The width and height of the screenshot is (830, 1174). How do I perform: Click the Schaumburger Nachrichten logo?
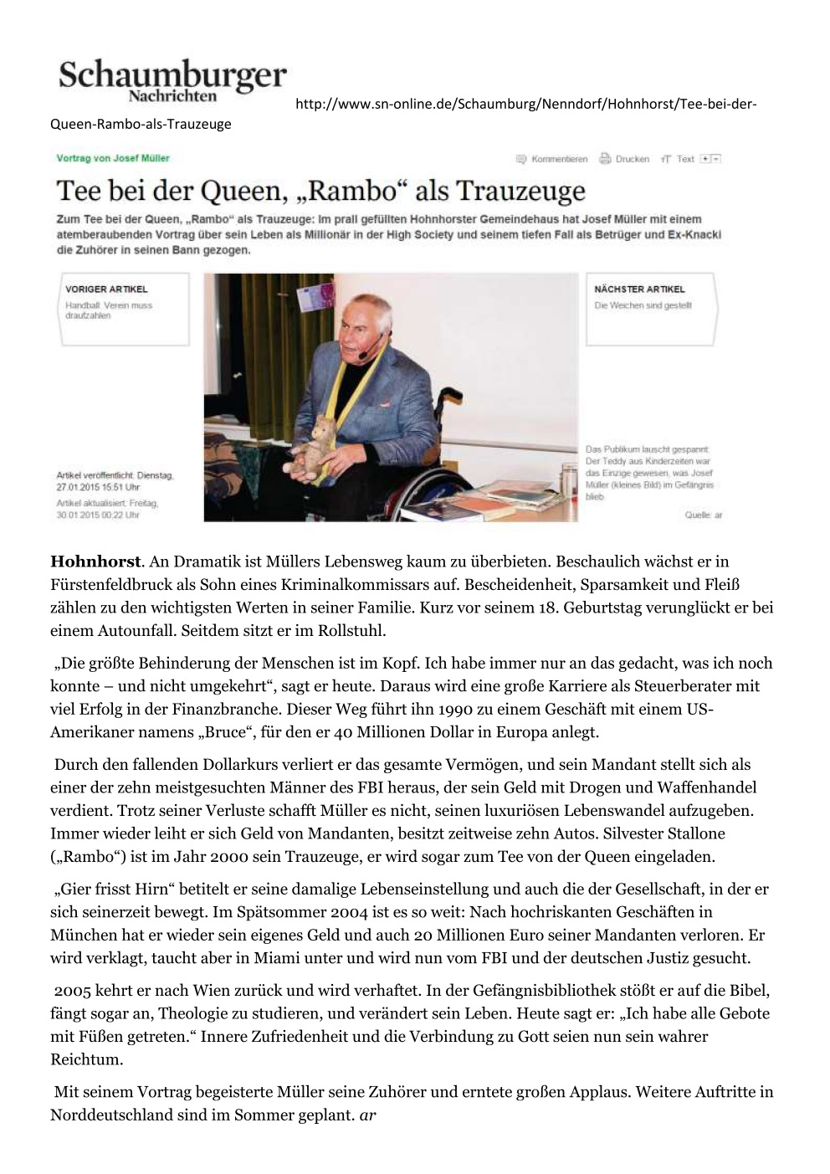(172, 82)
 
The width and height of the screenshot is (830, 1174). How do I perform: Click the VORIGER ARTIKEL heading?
(106, 290)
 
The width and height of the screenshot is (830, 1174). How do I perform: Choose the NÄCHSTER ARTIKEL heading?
(639, 290)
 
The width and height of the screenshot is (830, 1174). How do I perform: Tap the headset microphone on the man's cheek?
(361, 354)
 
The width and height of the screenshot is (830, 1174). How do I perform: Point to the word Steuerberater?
(669, 686)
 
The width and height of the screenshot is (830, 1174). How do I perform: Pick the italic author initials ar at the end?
(368, 1115)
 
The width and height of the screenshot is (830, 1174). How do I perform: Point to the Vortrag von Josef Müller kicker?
(113, 158)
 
